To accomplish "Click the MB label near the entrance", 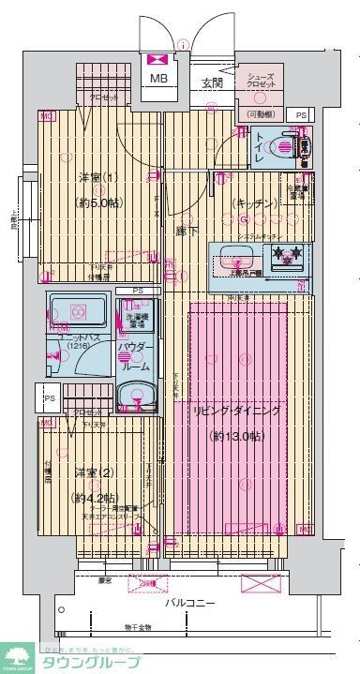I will [158, 79].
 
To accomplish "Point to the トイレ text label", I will [258, 147].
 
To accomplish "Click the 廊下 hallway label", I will [186, 231].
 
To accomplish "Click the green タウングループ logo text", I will [93, 661].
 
